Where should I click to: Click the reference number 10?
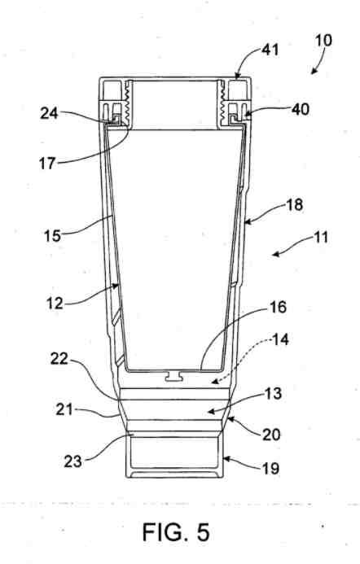pyautogui.click(x=323, y=41)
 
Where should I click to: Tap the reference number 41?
pyautogui.click(x=270, y=50)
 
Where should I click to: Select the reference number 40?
pyautogui.click(x=300, y=109)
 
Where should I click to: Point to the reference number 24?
pyautogui.click(x=49, y=114)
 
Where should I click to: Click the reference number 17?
pyautogui.click(x=47, y=164)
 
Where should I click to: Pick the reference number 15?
pyautogui.click(x=53, y=236)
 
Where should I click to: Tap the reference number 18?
pyautogui.click(x=295, y=205)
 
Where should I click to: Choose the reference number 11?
pyautogui.click(x=319, y=238)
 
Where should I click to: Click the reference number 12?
pyautogui.click(x=55, y=304)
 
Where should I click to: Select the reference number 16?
pyautogui.click(x=278, y=307)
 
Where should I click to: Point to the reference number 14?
pyautogui.click(x=280, y=339)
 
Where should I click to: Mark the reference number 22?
pyautogui.click(x=59, y=359)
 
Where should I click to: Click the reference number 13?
pyautogui.click(x=273, y=394)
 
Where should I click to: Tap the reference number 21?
pyautogui.click(x=64, y=409)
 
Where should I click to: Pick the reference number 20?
pyautogui.click(x=271, y=435)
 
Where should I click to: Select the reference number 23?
pyautogui.click(x=73, y=461)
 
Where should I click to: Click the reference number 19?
pyautogui.click(x=270, y=468)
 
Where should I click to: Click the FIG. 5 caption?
pyautogui.click(x=176, y=532)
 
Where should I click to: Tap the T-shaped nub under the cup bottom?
pyautogui.click(x=175, y=377)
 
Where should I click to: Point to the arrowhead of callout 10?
pyautogui.click(x=314, y=72)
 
